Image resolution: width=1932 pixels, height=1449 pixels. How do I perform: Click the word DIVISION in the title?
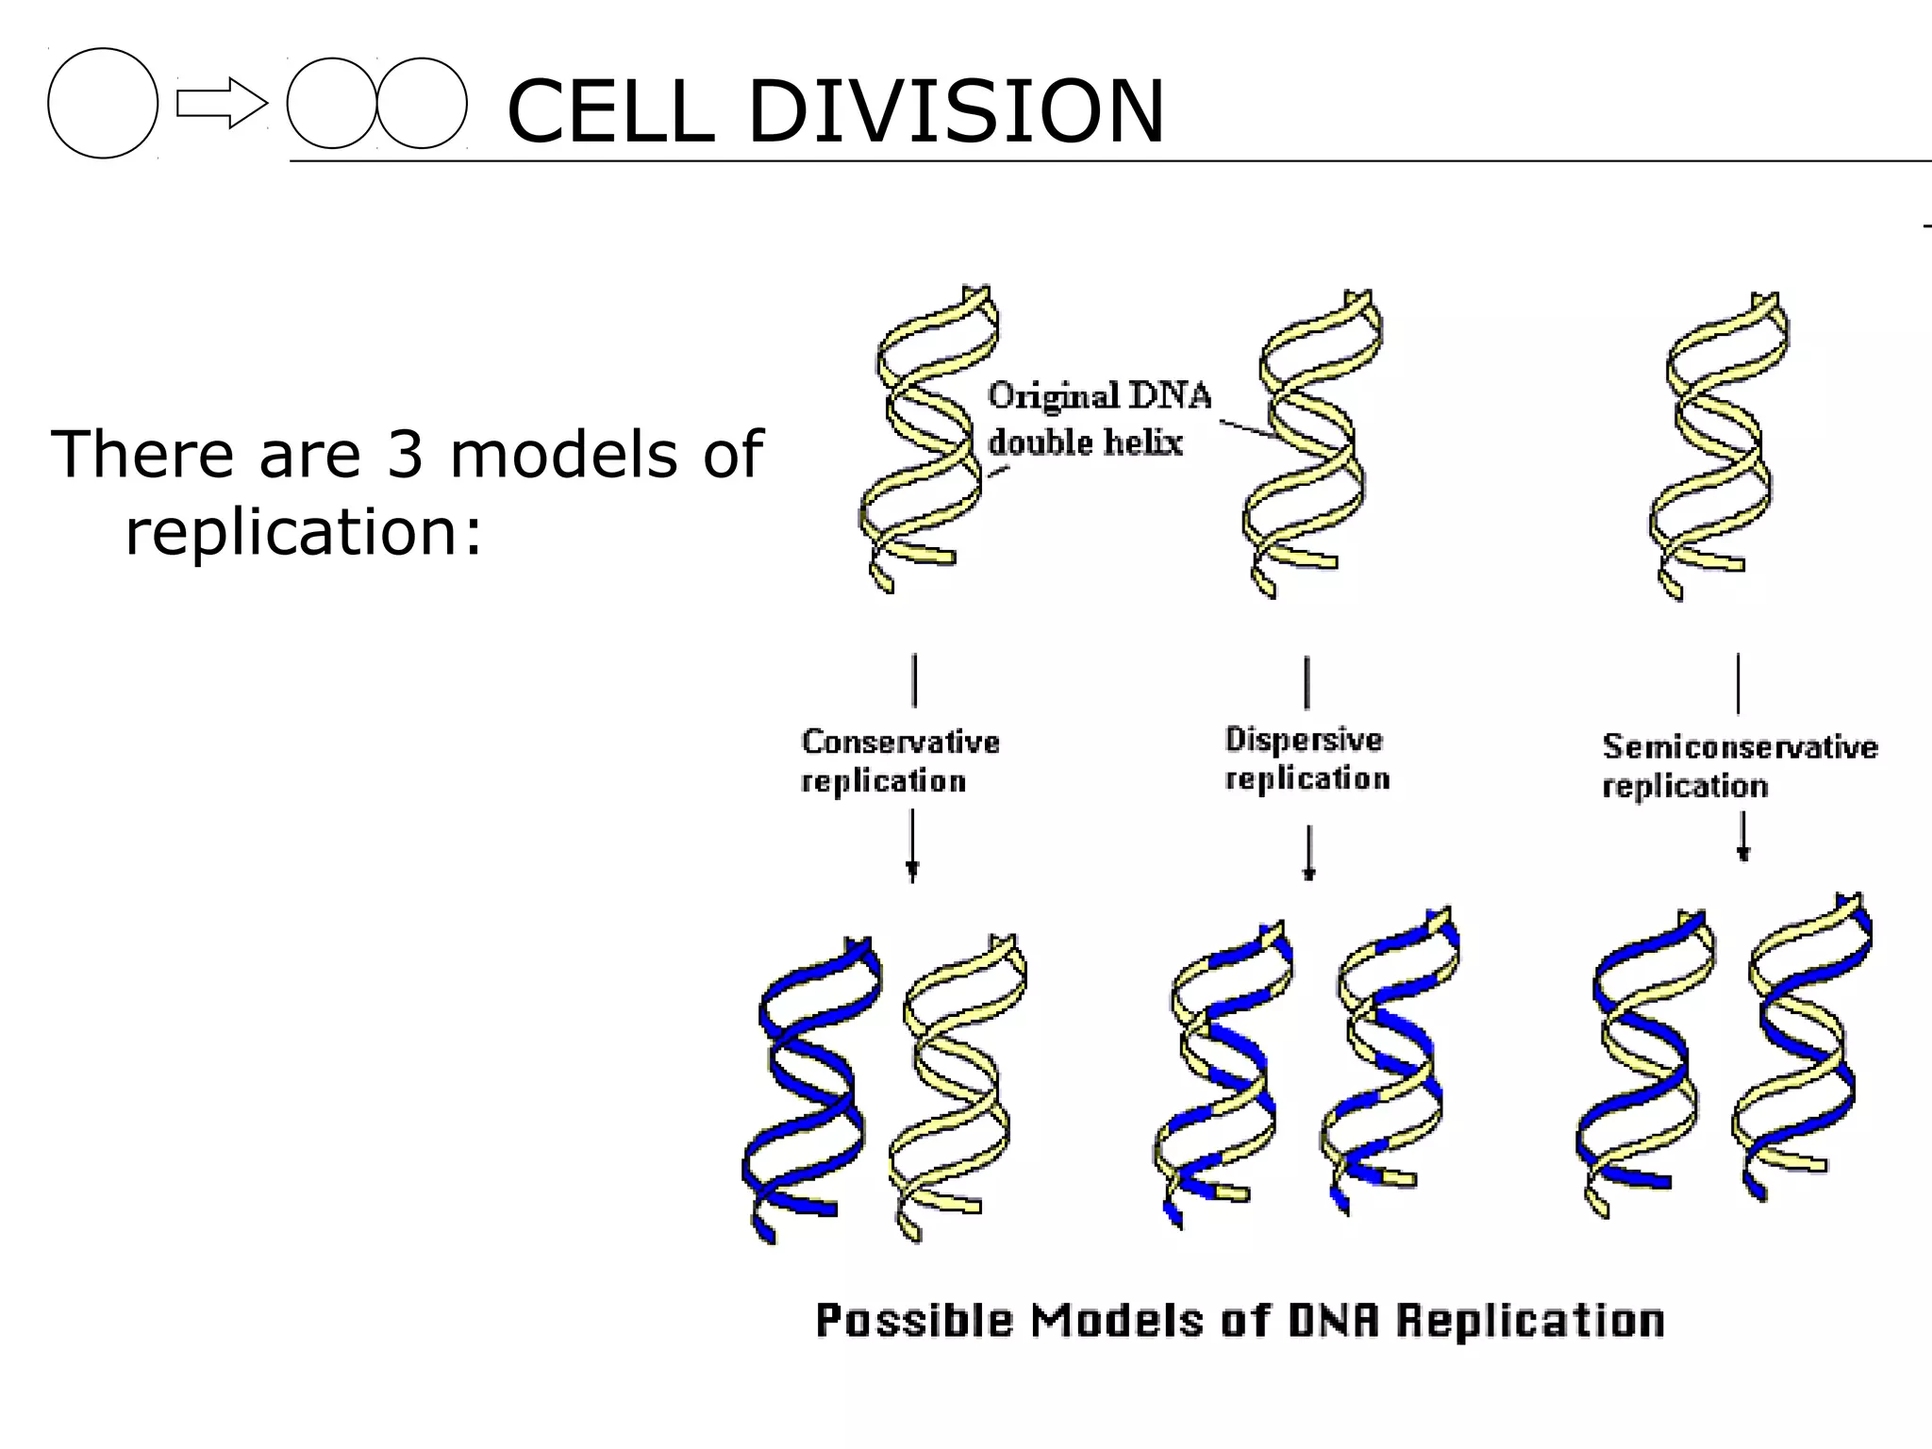(955, 111)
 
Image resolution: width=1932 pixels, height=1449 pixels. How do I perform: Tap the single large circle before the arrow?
(103, 103)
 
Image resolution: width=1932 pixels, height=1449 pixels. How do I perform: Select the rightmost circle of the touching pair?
(422, 103)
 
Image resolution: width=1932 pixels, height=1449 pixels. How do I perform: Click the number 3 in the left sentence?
(406, 455)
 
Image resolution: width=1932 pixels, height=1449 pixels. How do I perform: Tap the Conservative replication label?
(898, 760)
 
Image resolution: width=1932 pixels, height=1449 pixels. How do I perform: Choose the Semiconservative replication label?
(1738, 765)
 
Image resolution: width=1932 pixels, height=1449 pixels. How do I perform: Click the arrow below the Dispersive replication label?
(1308, 853)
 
